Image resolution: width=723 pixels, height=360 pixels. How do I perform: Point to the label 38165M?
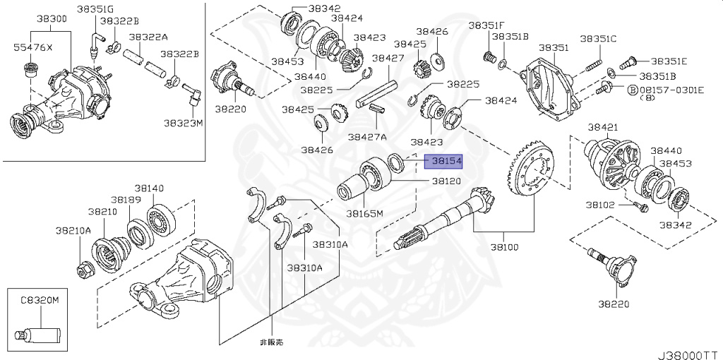coord(364,213)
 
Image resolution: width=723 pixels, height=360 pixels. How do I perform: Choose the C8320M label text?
coord(40,300)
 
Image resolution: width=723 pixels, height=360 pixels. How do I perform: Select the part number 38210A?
coord(73,230)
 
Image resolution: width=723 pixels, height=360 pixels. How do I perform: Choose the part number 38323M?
coord(184,123)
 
